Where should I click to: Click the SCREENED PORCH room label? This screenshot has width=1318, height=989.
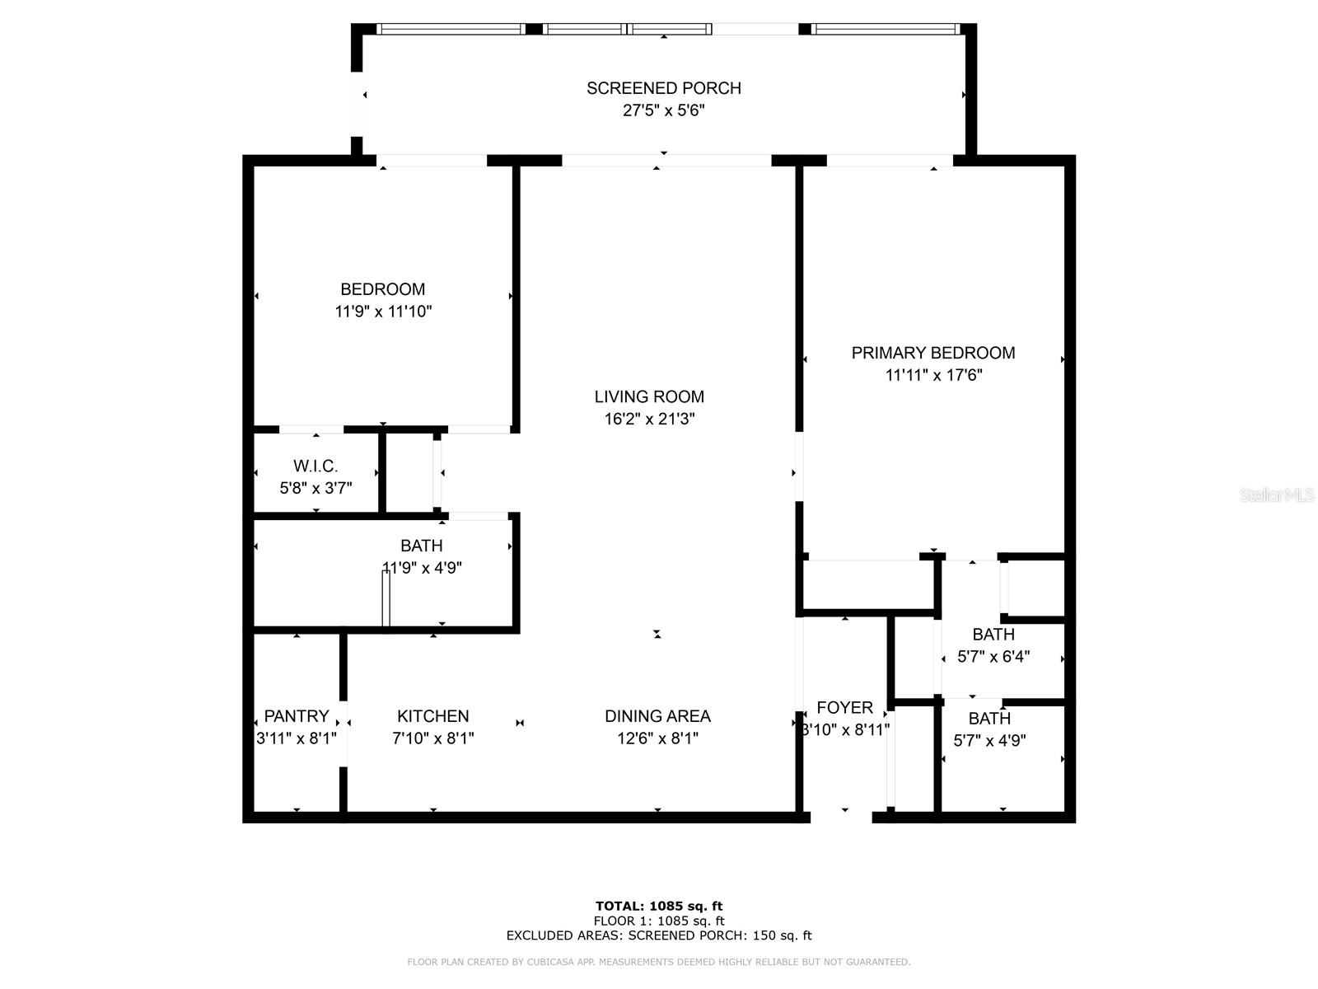663,88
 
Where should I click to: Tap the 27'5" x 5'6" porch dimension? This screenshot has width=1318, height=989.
663,110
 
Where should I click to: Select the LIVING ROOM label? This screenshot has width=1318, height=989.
649,396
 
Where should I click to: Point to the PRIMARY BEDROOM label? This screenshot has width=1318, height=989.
933,353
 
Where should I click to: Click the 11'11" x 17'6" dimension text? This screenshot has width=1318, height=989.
933,375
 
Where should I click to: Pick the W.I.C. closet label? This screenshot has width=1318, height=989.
315,466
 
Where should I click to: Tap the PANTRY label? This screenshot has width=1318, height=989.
296,715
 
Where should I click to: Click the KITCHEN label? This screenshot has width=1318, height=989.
433,715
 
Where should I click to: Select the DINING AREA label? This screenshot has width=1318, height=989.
657,715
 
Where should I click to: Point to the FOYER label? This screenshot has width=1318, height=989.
845,707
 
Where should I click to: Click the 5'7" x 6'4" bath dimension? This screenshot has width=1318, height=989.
993,656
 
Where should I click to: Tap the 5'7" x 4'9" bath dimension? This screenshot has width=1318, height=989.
989,740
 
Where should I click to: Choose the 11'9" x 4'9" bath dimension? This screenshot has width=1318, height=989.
422,568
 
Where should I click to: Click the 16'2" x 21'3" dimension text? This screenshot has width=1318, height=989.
649,419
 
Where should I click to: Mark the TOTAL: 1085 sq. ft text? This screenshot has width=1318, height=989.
659,906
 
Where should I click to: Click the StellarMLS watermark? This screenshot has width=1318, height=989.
1277,494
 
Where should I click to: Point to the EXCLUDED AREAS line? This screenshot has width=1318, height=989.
659,935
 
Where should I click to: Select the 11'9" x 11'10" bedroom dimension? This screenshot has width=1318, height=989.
383,311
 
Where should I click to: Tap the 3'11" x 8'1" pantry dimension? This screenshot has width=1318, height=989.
296,738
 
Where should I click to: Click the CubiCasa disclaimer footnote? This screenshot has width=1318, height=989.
659,961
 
